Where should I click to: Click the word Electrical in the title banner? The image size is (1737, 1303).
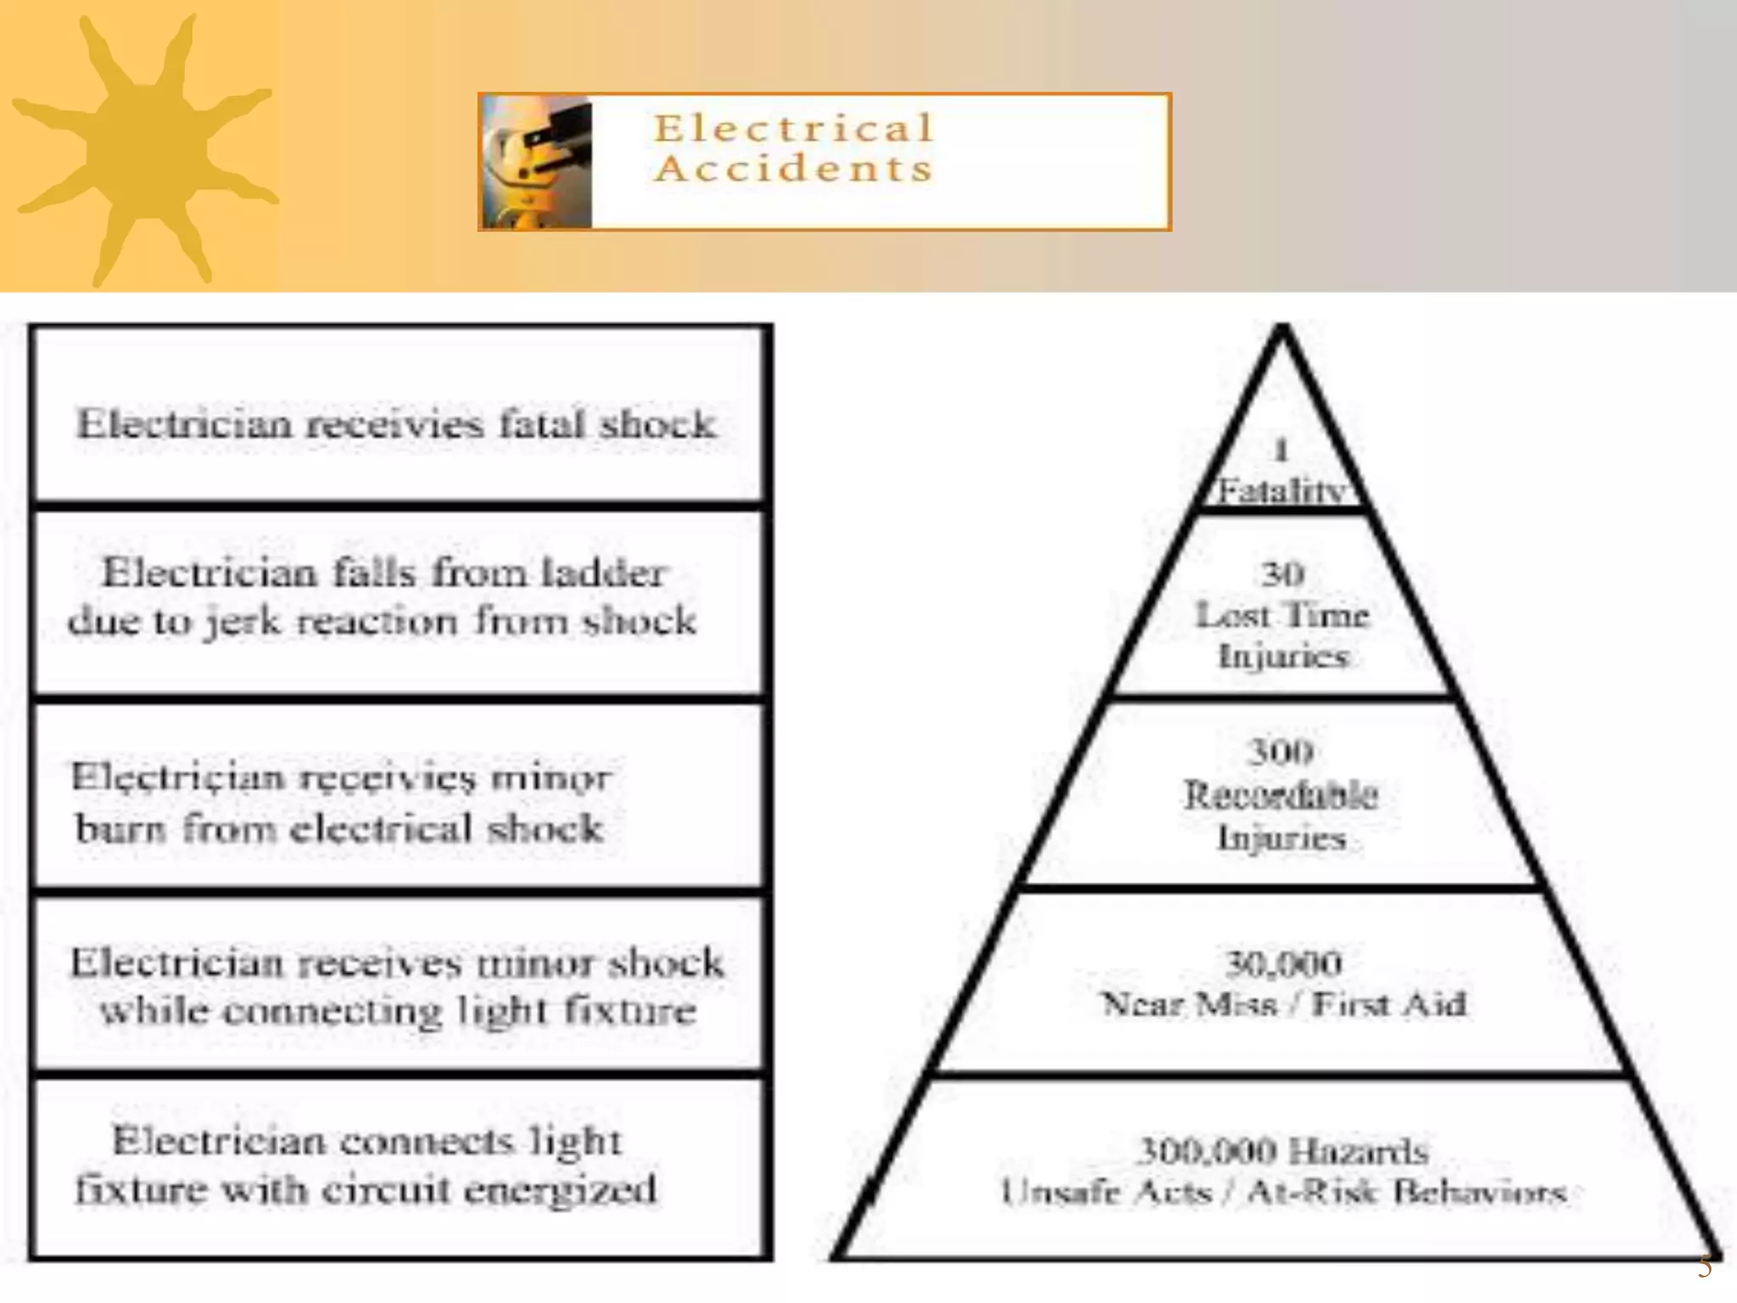point(793,129)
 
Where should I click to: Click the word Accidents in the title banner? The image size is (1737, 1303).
point(793,168)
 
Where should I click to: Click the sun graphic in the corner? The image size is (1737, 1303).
point(144,148)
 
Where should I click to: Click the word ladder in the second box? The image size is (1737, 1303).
point(604,573)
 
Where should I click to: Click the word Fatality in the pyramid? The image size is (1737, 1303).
point(1282,491)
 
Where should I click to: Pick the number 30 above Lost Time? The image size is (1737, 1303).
point(1282,574)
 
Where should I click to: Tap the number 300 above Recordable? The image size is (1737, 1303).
point(1282,751)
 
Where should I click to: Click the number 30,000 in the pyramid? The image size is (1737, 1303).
point(1283,963)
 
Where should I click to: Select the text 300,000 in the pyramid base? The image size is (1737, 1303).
point(1205,1151)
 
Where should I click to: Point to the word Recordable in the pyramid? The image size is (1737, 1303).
point(1281,795)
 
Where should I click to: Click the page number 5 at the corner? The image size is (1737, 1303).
point(1704,1267)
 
